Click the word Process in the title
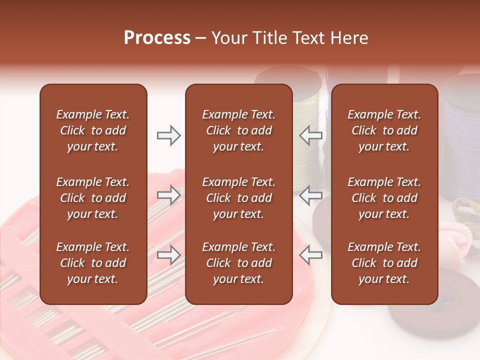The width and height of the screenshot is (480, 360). [157, 38]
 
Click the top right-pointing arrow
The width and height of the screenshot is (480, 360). [168, 135]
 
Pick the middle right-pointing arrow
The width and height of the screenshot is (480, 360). [168, 195]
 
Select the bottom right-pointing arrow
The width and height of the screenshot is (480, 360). [168, 255]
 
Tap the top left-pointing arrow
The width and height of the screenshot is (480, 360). [310, 135]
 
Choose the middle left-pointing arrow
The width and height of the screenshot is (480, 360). [310, 195]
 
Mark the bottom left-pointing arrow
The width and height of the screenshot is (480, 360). [310, 255]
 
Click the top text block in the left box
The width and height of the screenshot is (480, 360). [93, 130]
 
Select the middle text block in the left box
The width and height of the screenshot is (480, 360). [93, 198]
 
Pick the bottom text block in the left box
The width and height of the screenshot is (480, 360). [93, 263]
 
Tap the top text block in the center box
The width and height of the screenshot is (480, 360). [238, 130]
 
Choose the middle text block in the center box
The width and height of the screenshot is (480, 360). [238, 198]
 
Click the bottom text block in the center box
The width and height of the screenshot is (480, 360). [238, 263]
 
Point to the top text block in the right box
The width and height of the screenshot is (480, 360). [384, 130]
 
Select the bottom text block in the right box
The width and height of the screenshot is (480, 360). [384, 263]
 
